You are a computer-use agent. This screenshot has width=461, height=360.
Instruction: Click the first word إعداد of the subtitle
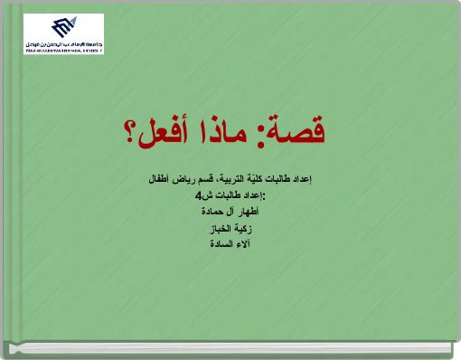tap(299, 181)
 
